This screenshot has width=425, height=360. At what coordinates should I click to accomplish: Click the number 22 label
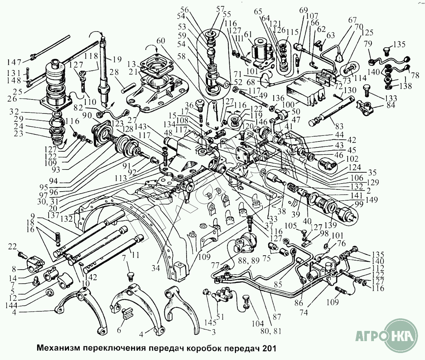(x=12, y=247)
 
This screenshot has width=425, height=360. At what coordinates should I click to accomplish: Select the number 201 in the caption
(x=270, y=349)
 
